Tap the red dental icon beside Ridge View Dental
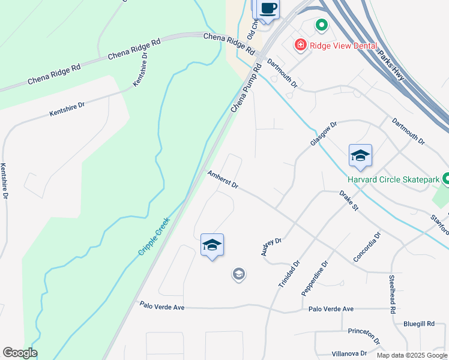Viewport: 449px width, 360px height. (300, 44)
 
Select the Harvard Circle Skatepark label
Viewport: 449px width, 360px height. (394, 179)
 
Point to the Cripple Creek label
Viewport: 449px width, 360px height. (154, 236)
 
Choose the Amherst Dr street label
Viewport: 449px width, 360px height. (223, 179)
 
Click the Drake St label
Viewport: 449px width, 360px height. (348, 201)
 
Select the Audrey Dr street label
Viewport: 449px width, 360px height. (271, 247)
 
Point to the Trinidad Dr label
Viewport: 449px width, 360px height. (289, 273)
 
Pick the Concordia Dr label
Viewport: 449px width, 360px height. (367, 247)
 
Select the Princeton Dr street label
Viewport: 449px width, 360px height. (364, 335)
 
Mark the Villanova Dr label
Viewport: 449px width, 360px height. (349, 353)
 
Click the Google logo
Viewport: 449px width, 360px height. (20, 353)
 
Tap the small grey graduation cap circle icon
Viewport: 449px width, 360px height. (238, 275)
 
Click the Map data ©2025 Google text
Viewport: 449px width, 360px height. (412, 355)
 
